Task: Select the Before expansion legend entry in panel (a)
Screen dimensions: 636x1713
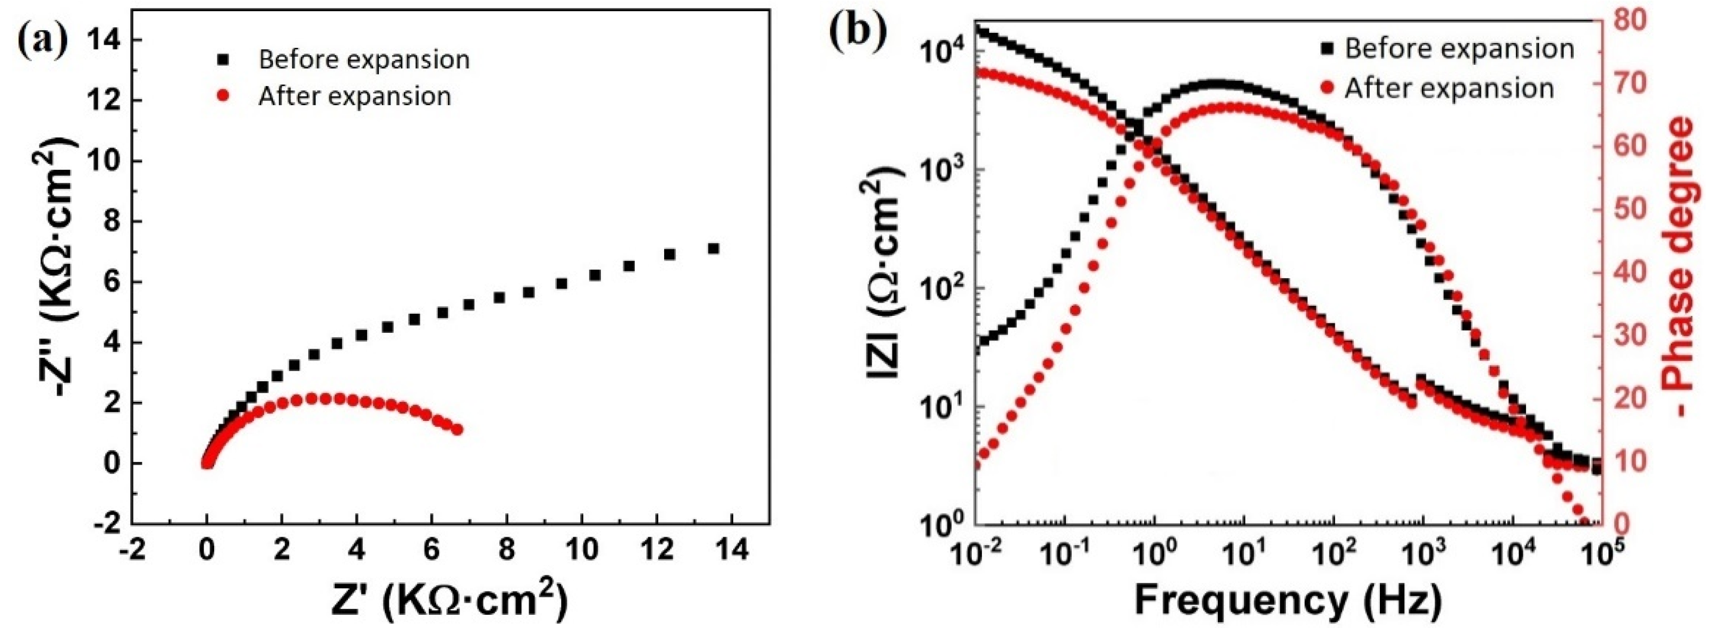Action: coord(364,60)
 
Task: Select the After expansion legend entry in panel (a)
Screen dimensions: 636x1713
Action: coord(354,97)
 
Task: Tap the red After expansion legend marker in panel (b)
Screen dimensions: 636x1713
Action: coord(1327,88)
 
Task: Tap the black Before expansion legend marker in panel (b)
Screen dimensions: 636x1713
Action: coord(1327,48)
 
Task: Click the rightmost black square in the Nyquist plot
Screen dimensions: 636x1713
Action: coord(714,248)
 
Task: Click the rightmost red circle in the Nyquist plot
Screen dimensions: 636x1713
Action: coord(457,429)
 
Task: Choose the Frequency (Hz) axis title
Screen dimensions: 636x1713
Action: coord(1288,600)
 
